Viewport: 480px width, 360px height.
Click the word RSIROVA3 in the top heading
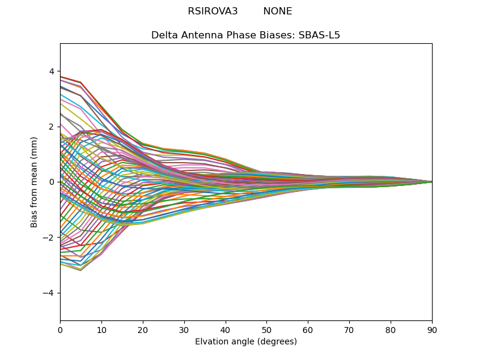(212, 11)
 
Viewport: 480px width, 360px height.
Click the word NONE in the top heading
(278, 11)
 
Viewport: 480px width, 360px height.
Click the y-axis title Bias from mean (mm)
(35, 182)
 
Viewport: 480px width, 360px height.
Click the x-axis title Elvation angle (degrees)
(246, 342)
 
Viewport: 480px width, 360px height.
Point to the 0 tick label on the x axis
(60, 329)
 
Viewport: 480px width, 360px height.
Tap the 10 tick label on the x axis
(101, 329)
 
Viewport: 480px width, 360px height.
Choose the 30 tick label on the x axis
(184, 329)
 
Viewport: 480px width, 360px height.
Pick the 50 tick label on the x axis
(266, 329)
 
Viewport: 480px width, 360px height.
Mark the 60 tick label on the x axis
(308, 329)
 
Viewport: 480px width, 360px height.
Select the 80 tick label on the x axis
(391, 329)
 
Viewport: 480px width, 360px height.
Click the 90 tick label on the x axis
(432, 329)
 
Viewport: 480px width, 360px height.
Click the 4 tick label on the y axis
(51, 71)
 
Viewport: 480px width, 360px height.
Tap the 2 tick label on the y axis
(51, 127)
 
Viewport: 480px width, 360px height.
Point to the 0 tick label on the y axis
(51, 182)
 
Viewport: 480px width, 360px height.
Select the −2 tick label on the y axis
(49, 238)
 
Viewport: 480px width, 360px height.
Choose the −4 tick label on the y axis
(49, 293)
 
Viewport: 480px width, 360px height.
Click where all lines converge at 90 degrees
(431, 182)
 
